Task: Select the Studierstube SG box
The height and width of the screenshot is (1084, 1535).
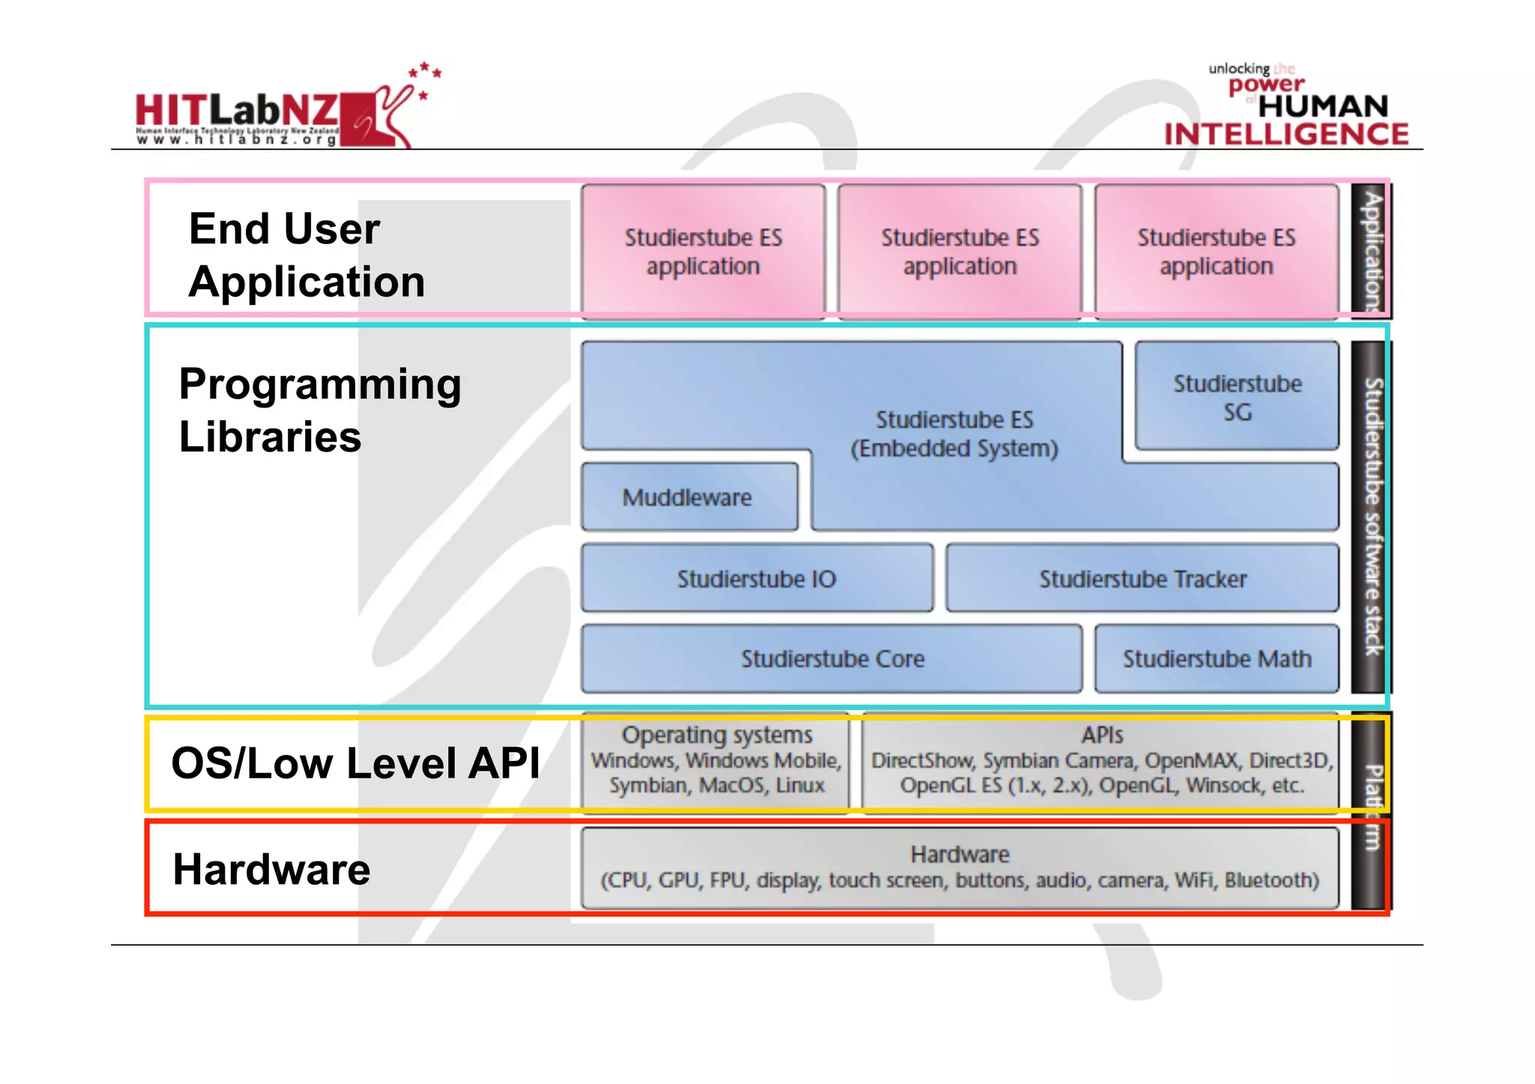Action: click(1237, 396)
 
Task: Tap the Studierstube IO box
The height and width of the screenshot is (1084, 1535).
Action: click(756, 578)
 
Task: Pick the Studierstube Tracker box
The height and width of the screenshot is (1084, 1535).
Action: click(1142, 578)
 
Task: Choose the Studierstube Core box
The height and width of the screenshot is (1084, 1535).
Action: click(831, 658)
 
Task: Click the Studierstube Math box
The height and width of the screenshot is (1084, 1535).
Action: click(1216, 658)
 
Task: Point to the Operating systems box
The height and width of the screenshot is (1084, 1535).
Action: click(716, 760)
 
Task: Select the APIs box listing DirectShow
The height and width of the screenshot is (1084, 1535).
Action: click(1101, 760)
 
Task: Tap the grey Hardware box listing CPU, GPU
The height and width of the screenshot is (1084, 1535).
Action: click(959, 867)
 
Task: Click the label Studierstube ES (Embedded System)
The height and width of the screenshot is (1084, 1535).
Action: click(954, 434)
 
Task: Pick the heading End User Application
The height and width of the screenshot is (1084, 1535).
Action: click(306, 255)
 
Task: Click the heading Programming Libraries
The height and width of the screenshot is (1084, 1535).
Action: click(319, 410)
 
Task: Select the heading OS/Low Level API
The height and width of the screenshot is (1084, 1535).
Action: click(355, 763)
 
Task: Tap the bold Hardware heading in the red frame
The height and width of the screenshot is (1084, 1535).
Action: click(271, 869)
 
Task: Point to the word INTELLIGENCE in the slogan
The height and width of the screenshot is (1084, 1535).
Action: click(1286, 134)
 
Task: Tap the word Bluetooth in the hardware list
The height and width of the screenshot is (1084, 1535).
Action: click(1271, 879)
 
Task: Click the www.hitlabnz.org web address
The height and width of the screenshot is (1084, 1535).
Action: click(237, 139)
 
